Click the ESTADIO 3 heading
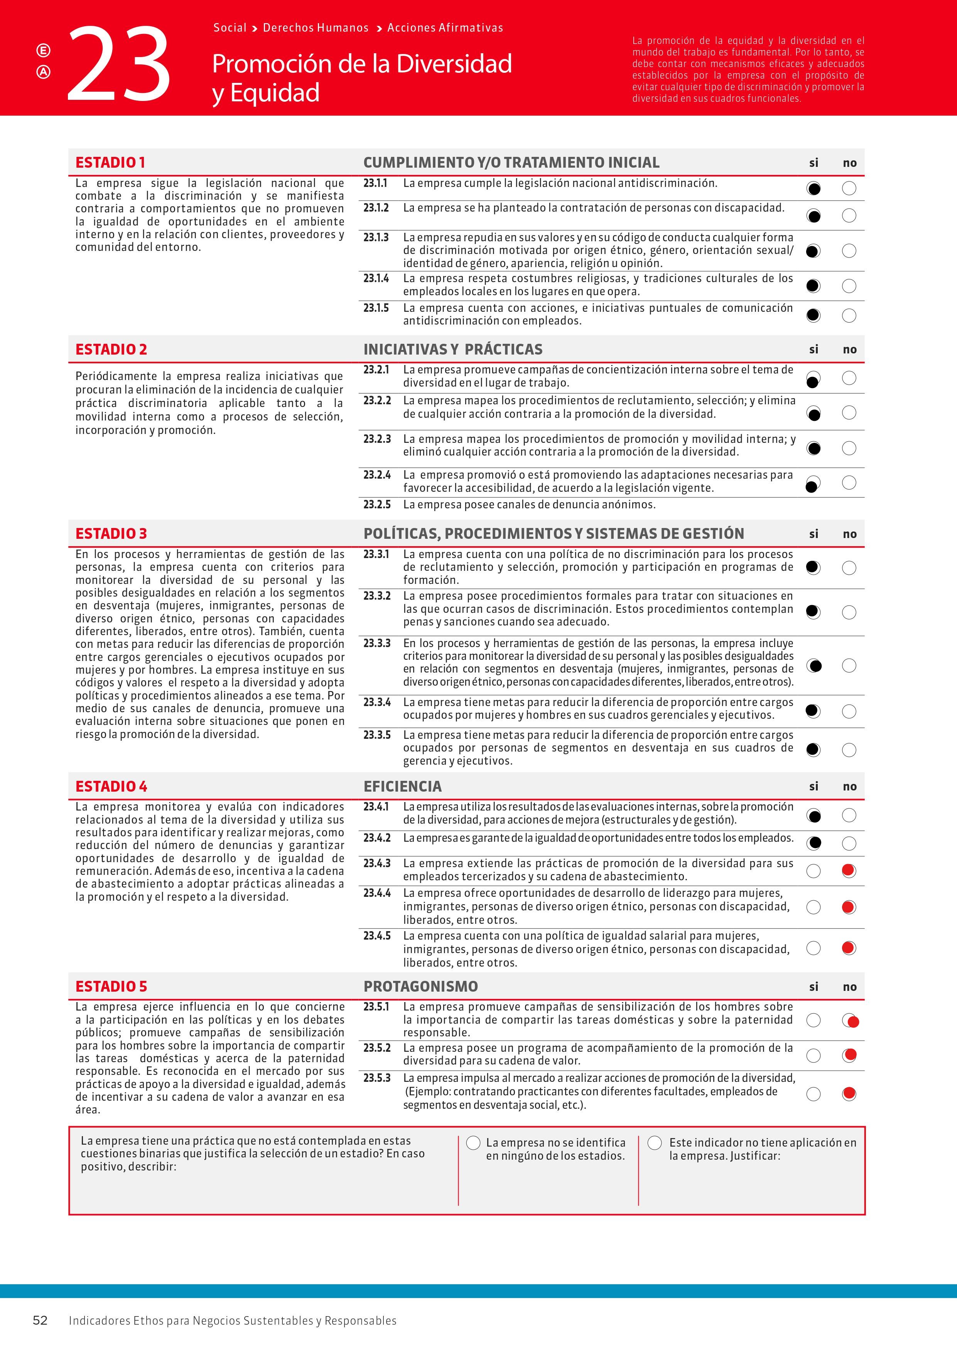(111, 533)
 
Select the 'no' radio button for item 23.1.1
(849, 188)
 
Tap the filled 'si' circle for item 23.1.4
(813, 286)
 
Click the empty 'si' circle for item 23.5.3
(813, 1094)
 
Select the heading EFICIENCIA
(402, 786)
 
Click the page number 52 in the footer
(40, 1320)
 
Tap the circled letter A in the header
(44, 72)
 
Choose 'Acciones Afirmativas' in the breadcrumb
(445, 28)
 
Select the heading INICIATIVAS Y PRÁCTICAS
(452, 349)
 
